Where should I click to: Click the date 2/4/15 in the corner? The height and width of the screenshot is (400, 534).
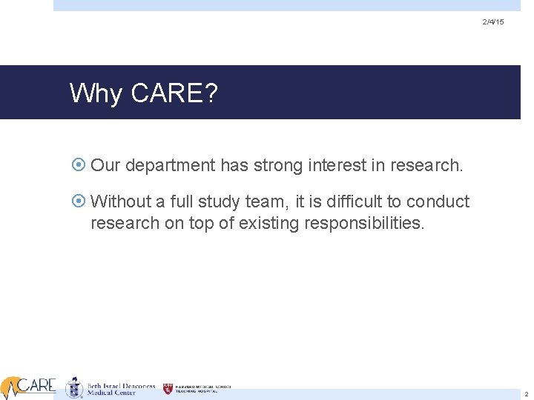click(x=492, y=23)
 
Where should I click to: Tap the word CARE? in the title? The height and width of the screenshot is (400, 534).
click(x=173, y=94)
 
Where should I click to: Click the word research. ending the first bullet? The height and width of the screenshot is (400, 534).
click(x=429, y=164)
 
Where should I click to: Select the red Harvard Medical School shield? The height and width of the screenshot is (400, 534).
click(x=168, y=388)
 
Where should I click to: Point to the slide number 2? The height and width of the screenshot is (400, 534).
click(x=526, y=395)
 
